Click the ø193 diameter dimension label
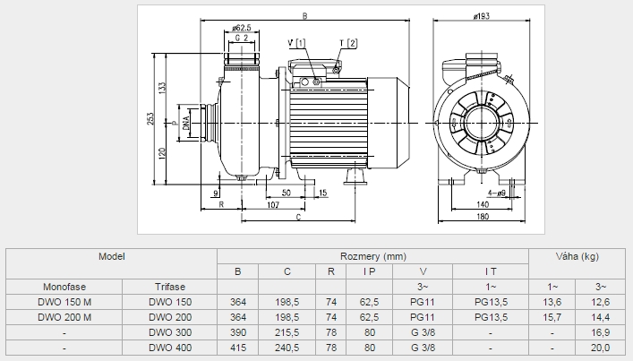481,16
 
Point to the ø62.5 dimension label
242,28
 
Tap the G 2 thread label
242,38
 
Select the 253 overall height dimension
150,119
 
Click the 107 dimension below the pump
273,205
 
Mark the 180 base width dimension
483,217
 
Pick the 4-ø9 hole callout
497,193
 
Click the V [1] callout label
296,43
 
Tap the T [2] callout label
348,43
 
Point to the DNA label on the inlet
186,123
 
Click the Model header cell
112,256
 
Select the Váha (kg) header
577,256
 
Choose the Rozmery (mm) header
373,256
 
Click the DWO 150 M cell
64,302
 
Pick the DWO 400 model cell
170,348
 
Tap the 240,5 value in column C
287,348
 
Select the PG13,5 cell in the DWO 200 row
491,317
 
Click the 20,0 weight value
600,348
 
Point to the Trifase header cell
170,287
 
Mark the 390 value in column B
238,332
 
